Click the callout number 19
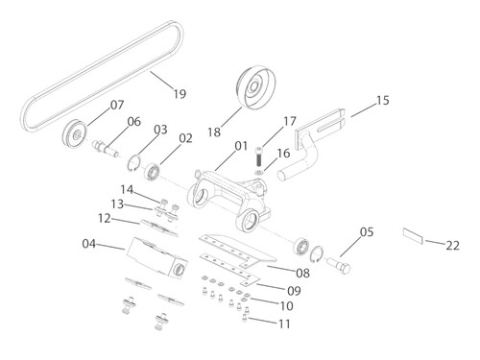[180, 94]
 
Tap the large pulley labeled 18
[255, 87]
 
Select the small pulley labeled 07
[74, 134]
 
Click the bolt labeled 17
[259, 156]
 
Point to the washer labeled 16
[259, 173]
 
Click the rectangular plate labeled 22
[413, 235]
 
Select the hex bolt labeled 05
[339, 265]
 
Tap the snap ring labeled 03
[134, 162]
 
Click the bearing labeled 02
[153, 172]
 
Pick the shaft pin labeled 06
[106, 149]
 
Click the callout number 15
[382, 100]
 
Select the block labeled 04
[156, 257]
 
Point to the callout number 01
[241, 146]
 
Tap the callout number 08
[302, 273]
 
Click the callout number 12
[105, 218]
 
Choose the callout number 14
[127, 189]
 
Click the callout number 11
[284, 324]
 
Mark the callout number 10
[286, 306]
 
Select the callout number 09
[294, 291]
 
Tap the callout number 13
[117, 204]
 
